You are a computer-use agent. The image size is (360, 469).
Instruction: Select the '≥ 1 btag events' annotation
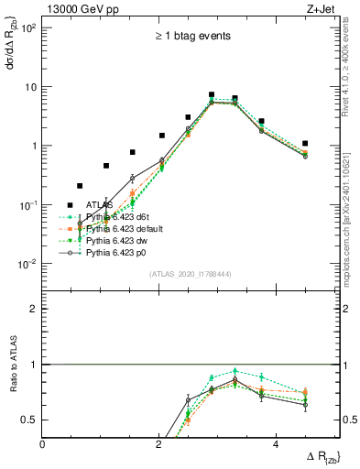click(x=191, y=37)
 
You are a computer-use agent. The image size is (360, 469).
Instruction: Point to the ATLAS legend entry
click(x=100, y=204)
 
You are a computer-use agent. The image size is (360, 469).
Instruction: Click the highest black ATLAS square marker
click(x=212, y=94)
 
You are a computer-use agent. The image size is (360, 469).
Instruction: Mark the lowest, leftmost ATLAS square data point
click(x=80, y=186)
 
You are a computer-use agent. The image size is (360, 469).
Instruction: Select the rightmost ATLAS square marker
click(x=305, y=143)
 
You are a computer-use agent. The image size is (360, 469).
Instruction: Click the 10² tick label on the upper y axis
click(x=27, y=28)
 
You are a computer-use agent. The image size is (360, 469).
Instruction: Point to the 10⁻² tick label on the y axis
click(x=27, y=264)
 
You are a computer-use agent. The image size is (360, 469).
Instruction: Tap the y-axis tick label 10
click(x=30, y=87)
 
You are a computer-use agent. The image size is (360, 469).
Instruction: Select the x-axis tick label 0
click(x=43, y=444)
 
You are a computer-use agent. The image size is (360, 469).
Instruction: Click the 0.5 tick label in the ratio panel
click(x=29, y=420)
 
